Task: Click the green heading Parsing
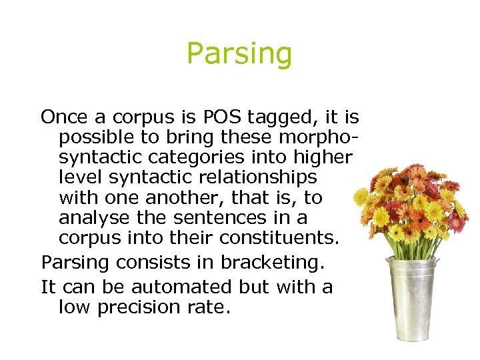[239, 53]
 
